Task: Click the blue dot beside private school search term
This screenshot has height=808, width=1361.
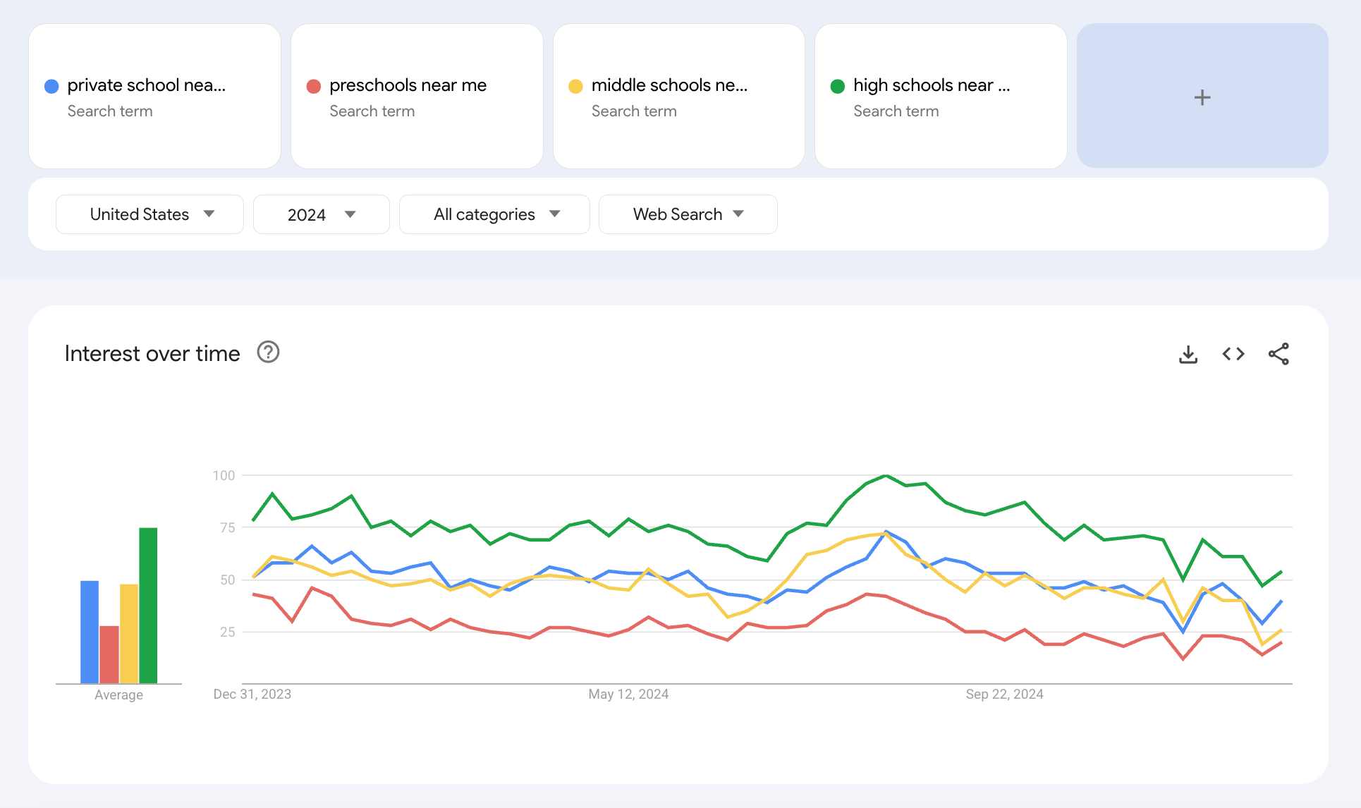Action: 51,86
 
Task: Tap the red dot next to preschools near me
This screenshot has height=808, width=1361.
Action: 314,86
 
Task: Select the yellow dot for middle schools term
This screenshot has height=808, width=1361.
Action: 575,86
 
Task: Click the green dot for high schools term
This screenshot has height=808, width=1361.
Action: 838,86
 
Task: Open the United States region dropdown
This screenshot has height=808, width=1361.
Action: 149,214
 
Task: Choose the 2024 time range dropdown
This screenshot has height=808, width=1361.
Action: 321,214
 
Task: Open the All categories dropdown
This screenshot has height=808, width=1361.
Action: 494,214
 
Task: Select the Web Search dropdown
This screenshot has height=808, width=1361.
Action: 688,214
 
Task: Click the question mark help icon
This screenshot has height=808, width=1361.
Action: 268,352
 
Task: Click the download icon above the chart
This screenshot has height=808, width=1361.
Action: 1188,354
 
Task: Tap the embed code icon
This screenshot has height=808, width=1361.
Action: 1233,354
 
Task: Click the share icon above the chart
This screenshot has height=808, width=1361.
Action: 1278,354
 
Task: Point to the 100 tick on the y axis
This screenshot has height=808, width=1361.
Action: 224,475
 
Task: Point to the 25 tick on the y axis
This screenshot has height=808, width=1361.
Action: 227,632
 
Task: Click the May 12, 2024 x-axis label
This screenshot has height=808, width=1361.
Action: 628,694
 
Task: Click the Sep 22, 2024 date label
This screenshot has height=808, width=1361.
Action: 1004,694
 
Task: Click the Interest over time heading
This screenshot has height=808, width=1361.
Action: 152,353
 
